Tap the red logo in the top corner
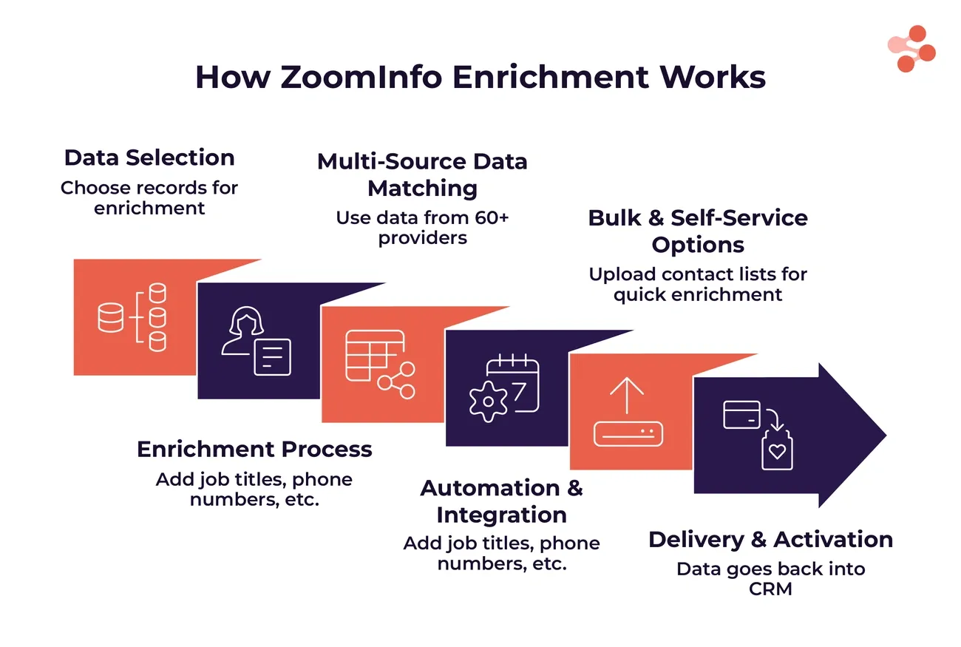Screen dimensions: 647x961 point(912,49)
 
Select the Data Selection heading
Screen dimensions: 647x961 point(149,157)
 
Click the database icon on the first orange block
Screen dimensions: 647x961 point(132,317)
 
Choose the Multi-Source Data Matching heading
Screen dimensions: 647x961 point(422,175)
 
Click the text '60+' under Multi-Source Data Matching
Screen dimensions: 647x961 point(489,218)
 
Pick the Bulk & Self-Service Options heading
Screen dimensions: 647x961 point(698,231)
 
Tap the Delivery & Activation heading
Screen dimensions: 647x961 point(770,539)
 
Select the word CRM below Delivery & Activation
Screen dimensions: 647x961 point(770,589)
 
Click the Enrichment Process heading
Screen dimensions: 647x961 point(254,449)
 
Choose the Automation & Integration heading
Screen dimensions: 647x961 point(501,501)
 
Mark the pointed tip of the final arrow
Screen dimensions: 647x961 point(885,435)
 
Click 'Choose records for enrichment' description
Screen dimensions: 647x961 point(149,197)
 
